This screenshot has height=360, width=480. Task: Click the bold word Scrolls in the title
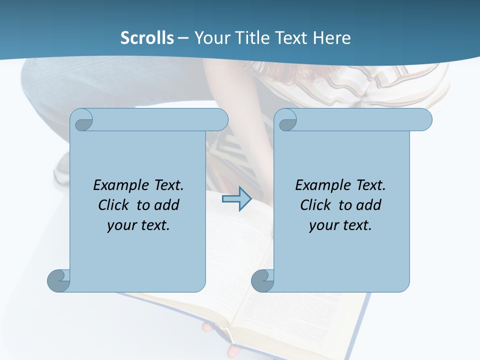pyautogui.click(x=147, y=38)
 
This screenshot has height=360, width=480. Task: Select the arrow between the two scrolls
pyautogui.click(x=236, y=199)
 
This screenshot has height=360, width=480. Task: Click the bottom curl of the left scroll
pyautogui.click(x=58, y=280)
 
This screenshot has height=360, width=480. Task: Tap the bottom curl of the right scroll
pyautogui.click(x=262, y=280)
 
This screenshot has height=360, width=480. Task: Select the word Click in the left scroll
pyautogui.click(x=114, y=205)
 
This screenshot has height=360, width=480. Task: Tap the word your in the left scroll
pyautogui.click(x=120, y=225)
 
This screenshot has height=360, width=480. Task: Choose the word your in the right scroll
pyautogui.click(x=322, y=225)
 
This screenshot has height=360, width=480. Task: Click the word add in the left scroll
pyautogui.click(x=168, y=205)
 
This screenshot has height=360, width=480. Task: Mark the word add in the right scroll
pyautogui.click(x=370, y=205)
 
